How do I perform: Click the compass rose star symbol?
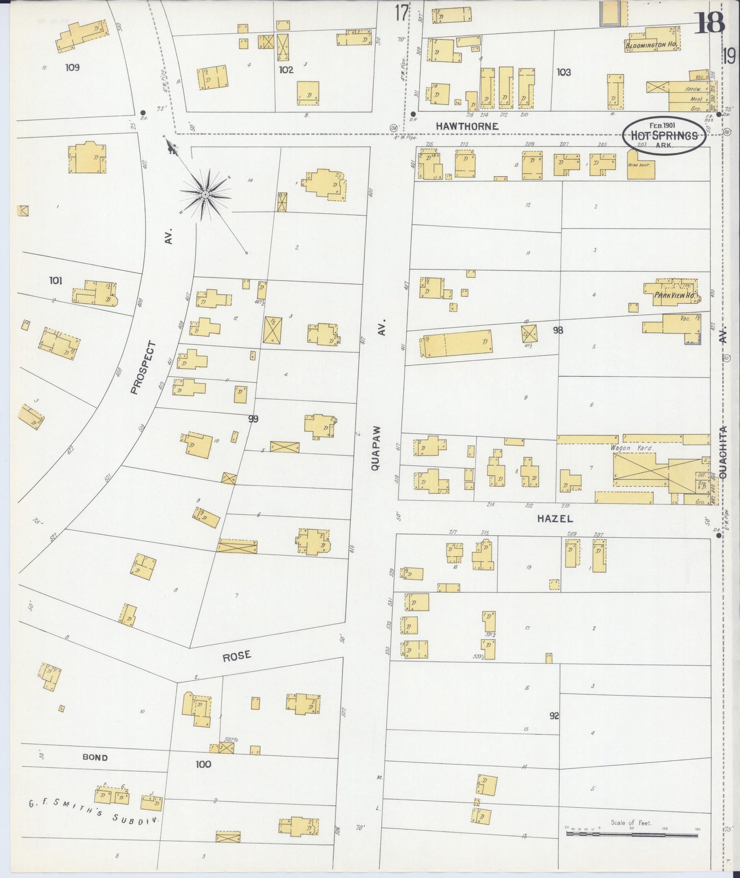205,195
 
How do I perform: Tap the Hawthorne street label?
467,126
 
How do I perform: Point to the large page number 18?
709,22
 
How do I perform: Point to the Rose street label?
237,655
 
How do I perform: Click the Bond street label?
95,757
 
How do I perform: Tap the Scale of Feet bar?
631,834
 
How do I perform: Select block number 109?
72,67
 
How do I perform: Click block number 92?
554,716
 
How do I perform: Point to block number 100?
203,764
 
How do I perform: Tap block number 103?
563,72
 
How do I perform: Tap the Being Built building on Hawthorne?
640,168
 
